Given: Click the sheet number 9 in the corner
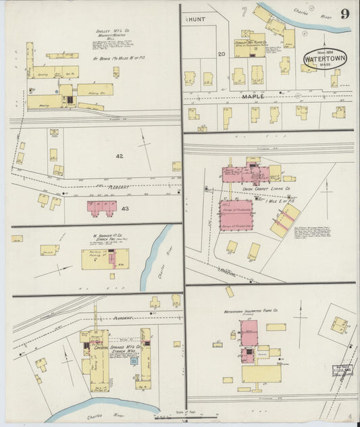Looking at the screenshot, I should (x=344, y=14).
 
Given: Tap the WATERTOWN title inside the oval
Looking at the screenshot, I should (x=326, y=59).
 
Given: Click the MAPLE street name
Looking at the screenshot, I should (x=253, y=97).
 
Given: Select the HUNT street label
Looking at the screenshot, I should (x=197, y=20).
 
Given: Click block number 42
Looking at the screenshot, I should (x=120, y=156).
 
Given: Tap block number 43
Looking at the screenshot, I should (x=125, y=209).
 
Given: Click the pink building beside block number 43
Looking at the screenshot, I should (x=101, y=207).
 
